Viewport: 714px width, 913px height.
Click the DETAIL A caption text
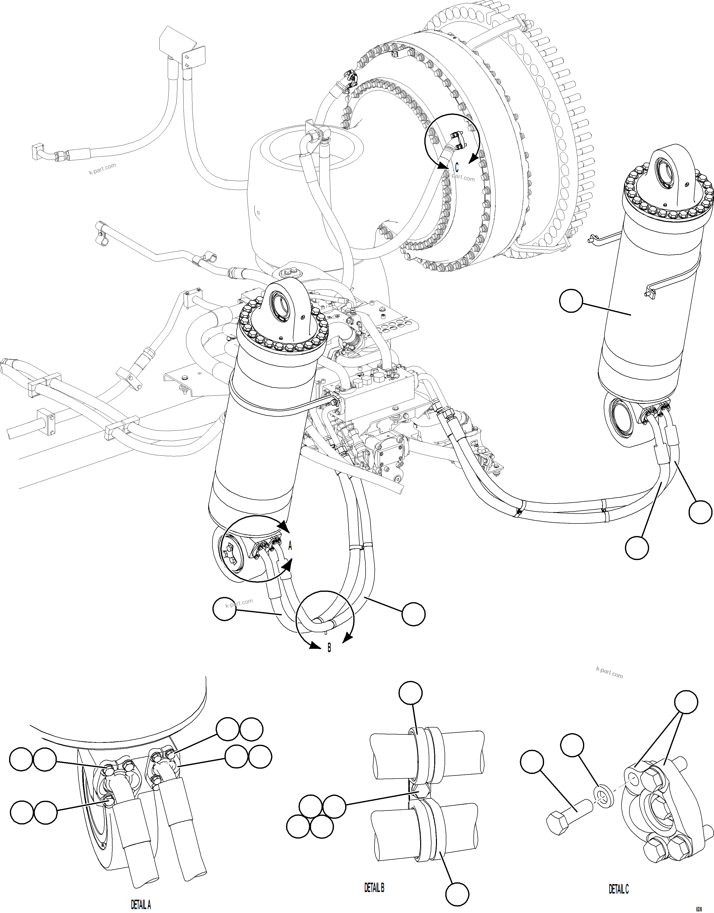coord(141,905)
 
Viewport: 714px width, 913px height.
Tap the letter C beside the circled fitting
coord(457,168)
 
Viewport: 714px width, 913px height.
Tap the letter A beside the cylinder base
coord(290,546)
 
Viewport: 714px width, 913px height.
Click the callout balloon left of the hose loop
coord(225,610)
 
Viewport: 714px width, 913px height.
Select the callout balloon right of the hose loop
coord(414,614)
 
